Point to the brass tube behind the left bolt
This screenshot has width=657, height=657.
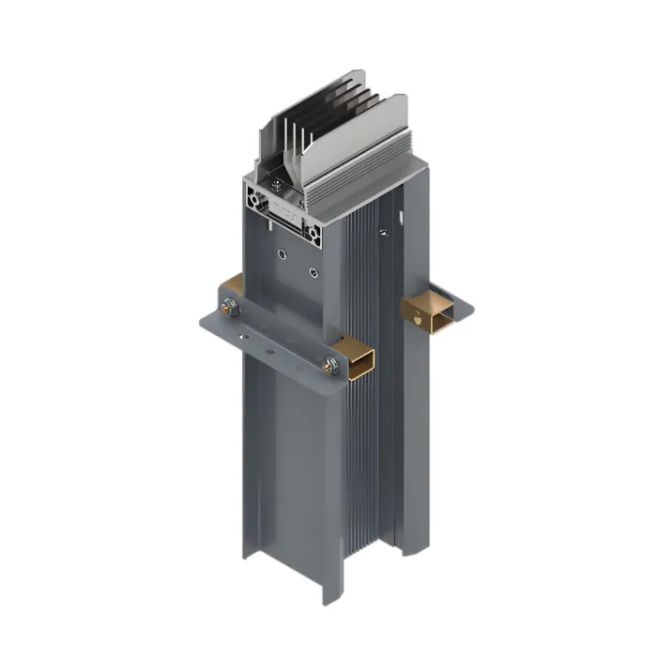point(231,286)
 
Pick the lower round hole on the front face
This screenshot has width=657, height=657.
point(313,272)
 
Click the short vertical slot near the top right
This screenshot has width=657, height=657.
point(402,218)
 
